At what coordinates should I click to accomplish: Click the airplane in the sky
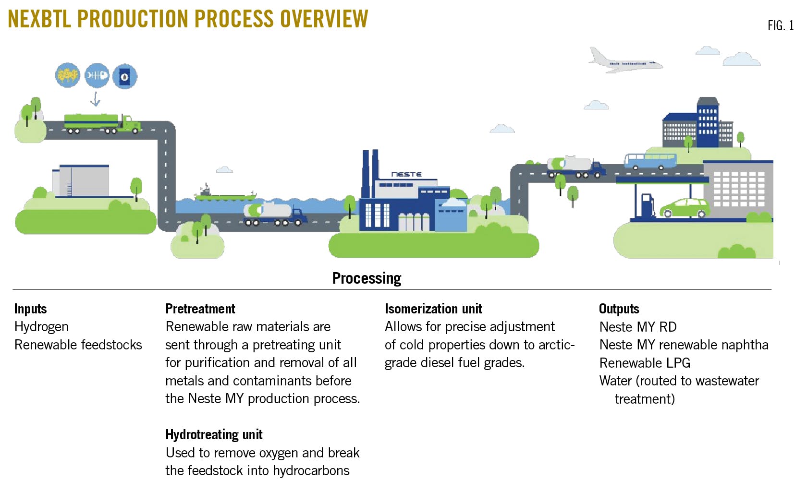[624, 61]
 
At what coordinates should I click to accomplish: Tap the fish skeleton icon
[97, 76]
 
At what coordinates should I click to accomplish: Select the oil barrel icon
[125, 76]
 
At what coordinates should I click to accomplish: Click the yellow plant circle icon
[68, 75]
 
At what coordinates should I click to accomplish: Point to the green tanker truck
[102, 123]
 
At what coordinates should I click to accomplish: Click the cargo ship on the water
[225, 194]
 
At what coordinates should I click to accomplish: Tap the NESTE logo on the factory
[406, 174]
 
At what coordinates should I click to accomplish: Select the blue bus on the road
[650, 161]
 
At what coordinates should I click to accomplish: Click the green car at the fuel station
[685, 208]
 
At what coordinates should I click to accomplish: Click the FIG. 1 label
[780, 25]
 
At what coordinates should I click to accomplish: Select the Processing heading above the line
[367, 278]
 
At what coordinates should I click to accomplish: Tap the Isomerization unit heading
[433, 309]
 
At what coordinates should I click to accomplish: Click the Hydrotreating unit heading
[214, 434]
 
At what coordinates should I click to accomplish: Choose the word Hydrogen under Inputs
[41, 327]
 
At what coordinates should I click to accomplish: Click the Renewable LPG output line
[645, 363]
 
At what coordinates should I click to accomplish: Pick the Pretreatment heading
[200, 309]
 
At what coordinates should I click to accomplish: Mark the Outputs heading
[619, 309]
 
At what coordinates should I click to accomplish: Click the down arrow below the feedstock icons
[96, 99]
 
